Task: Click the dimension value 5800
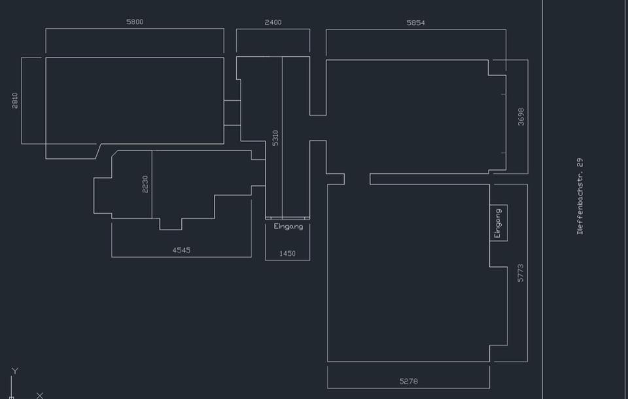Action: [135, 22]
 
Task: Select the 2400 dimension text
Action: [273, 22]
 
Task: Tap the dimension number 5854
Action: [416, 23]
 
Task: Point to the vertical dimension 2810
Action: [15, 100]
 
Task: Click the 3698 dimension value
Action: [521, 116]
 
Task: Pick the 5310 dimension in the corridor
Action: [275, 138]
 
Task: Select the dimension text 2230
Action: [145, 184]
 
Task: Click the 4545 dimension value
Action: [181, 251]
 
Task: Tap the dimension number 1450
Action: [287, 254]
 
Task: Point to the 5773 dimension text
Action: [520, 273]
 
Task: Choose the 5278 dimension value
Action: [408, 381]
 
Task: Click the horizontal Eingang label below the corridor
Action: [288, 227]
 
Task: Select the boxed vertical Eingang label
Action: [498, 223]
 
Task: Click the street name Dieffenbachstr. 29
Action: [580, 196]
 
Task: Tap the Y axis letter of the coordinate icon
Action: [15, 371]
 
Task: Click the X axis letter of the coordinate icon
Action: [40, 395]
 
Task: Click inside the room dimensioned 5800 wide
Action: [135, 100]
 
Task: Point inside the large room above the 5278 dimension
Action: [408, 273]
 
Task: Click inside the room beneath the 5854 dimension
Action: [416, 116]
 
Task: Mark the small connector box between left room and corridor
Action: [232, 113]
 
